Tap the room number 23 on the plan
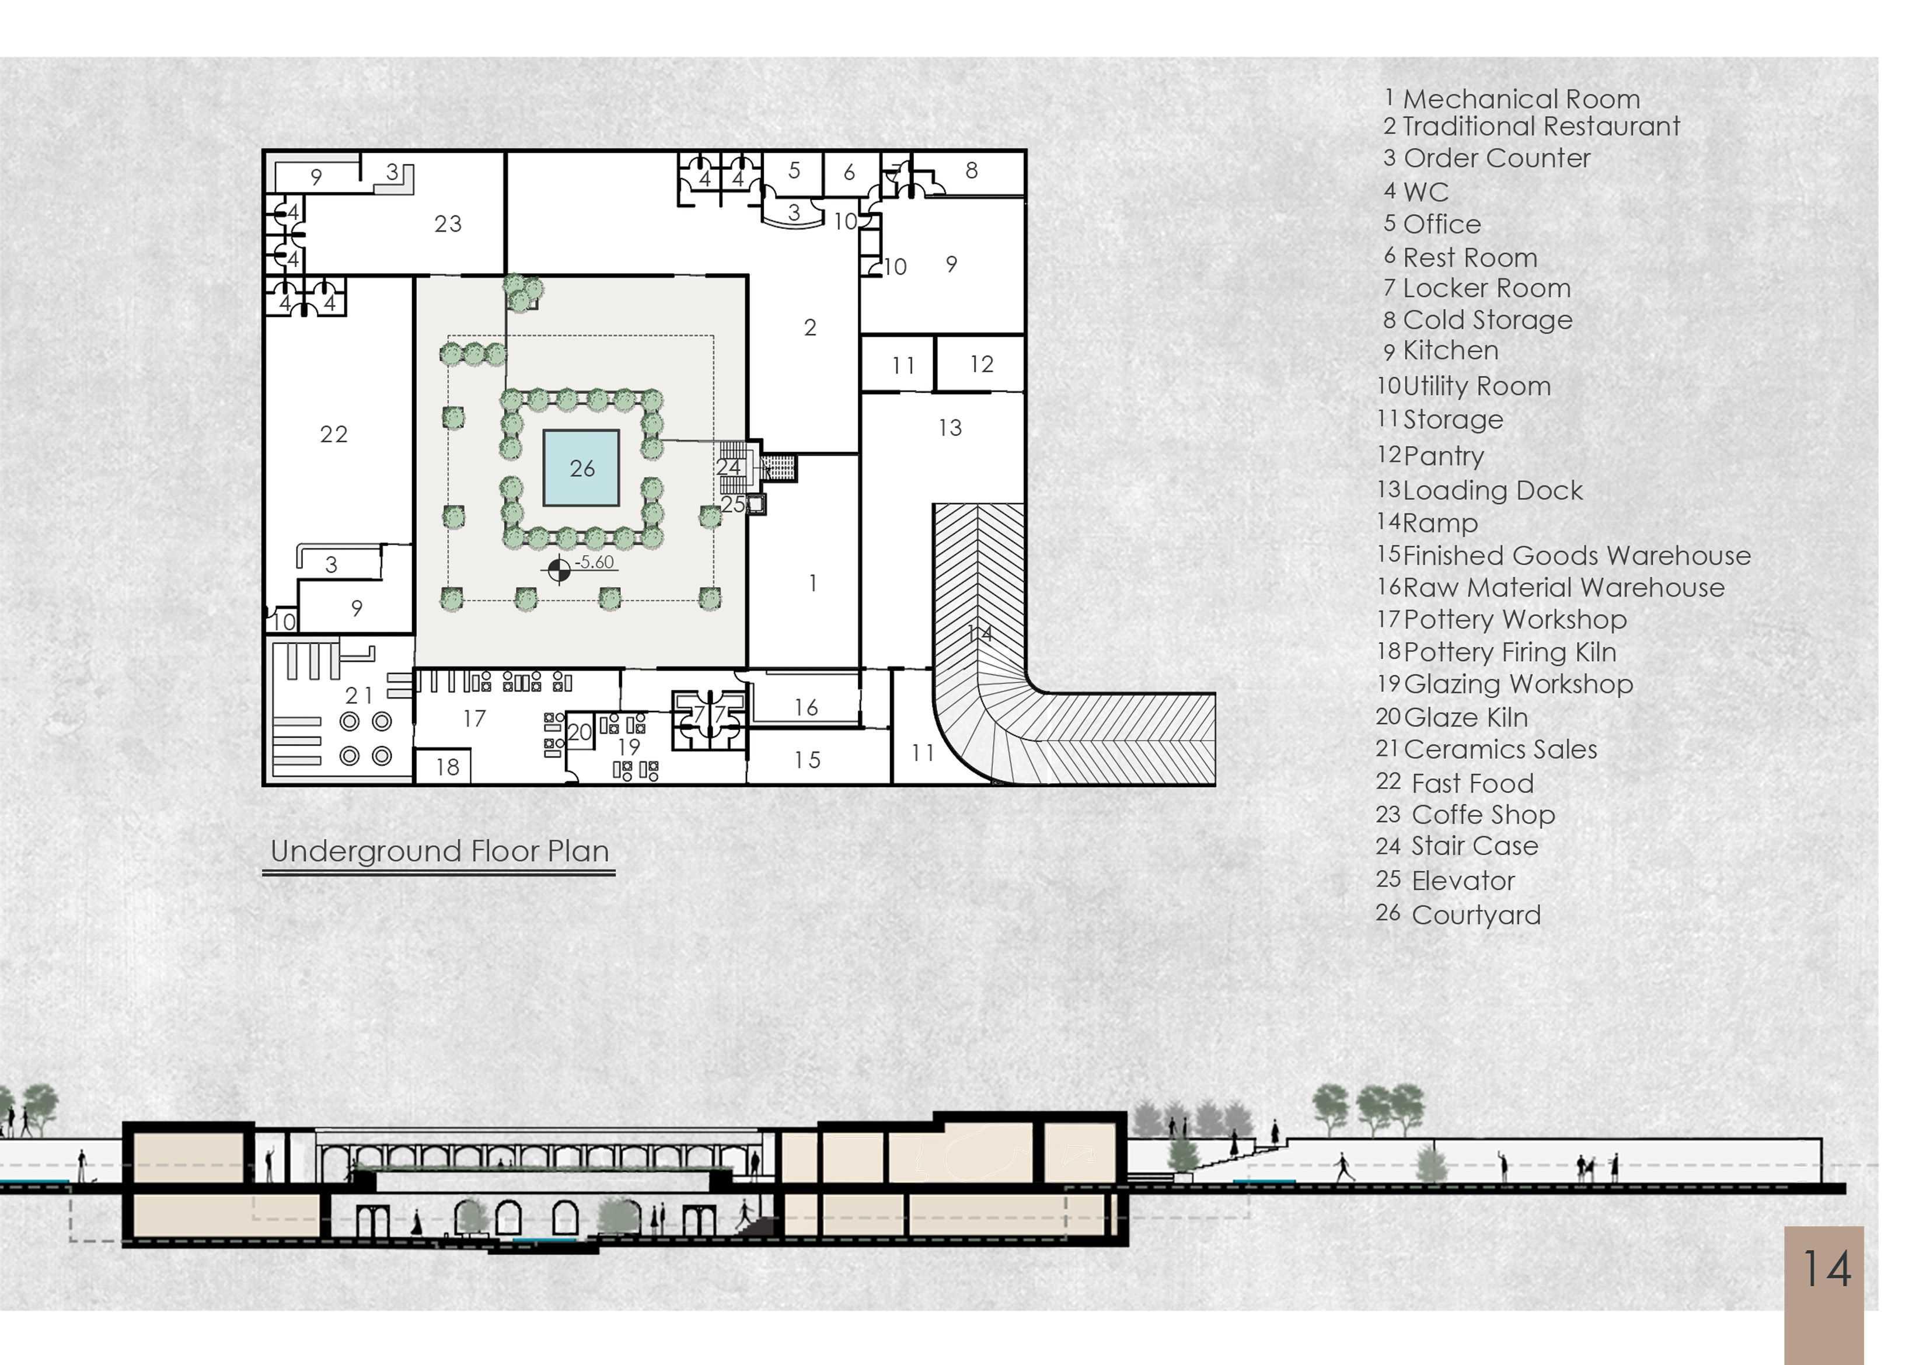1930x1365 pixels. pos(448,224)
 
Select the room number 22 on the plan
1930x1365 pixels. pos(334,435)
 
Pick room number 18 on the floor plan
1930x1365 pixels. pos(447,767)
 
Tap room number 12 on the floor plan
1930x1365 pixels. pos(981,364)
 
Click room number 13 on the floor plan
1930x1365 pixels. pos(950,428)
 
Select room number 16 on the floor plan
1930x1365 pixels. pos(805,708)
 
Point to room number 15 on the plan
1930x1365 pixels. pos(807,760)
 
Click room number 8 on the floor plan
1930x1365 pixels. pos(971,170)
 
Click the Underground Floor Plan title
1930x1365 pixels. pos(439,851)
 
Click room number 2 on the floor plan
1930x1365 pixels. pos(809,327)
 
